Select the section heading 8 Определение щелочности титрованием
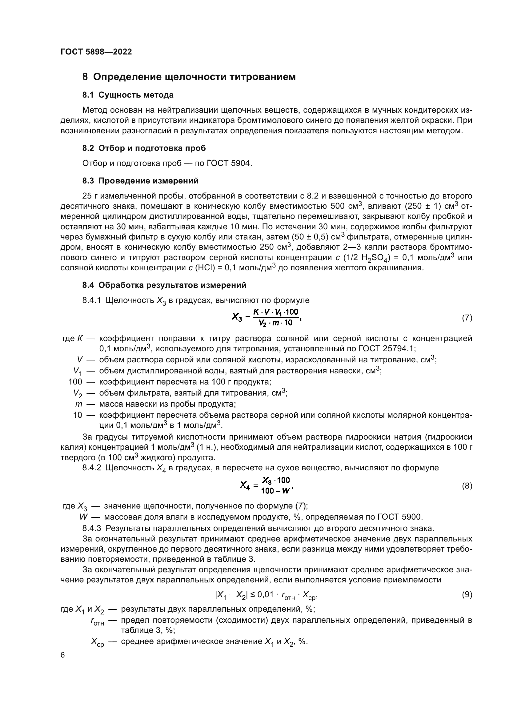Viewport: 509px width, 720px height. pyautogui.click(x=189, y=77)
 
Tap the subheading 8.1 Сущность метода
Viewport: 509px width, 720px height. pyautogui.click(x=128, y=95)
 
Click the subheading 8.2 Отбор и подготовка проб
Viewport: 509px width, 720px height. pyautogui.click(x=144, y=148)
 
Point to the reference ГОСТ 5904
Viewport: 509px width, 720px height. pyautogui.click(x=229, y=163)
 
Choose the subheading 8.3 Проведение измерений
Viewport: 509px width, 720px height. pyautogui.click(x=140, y=181)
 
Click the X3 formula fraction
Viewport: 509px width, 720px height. pyautogui.click(x=276, y=317)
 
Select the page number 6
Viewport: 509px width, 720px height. pyautogui.click(x=63, y=655)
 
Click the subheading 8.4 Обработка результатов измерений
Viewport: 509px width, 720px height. pyautogui.click(x=164, y=285)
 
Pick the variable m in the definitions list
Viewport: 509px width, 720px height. pyautogui.click(x=79, y=404)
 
